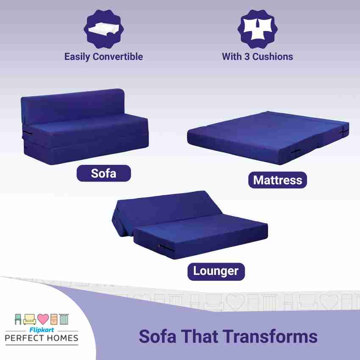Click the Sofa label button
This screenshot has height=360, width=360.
point(103,173)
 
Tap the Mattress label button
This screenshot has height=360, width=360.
point(277,180)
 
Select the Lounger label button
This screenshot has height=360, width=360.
point(216,271)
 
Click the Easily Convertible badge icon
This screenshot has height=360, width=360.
point(104,29)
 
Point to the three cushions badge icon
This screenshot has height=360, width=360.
point(258,29)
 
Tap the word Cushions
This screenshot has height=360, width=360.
point(272,57)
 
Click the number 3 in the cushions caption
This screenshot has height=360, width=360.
point(246,57)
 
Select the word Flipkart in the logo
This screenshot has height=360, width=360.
point(42,330)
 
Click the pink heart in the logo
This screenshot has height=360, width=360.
point(43,319)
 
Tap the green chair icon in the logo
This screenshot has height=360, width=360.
point(18,319)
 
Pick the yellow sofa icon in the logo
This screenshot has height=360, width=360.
point(29,319)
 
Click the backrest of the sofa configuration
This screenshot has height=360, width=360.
point(73,106)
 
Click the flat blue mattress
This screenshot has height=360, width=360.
point(268,138)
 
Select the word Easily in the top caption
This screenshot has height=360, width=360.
point(77,57)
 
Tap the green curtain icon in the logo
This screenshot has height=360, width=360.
point(64,319)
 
